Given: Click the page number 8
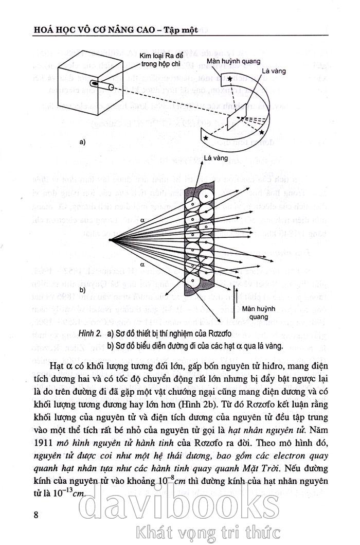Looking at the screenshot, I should (x=36, y=514).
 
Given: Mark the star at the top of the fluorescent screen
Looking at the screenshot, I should (x=230, y=78).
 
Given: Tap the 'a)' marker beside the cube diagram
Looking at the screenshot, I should (x=82, y=143).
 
